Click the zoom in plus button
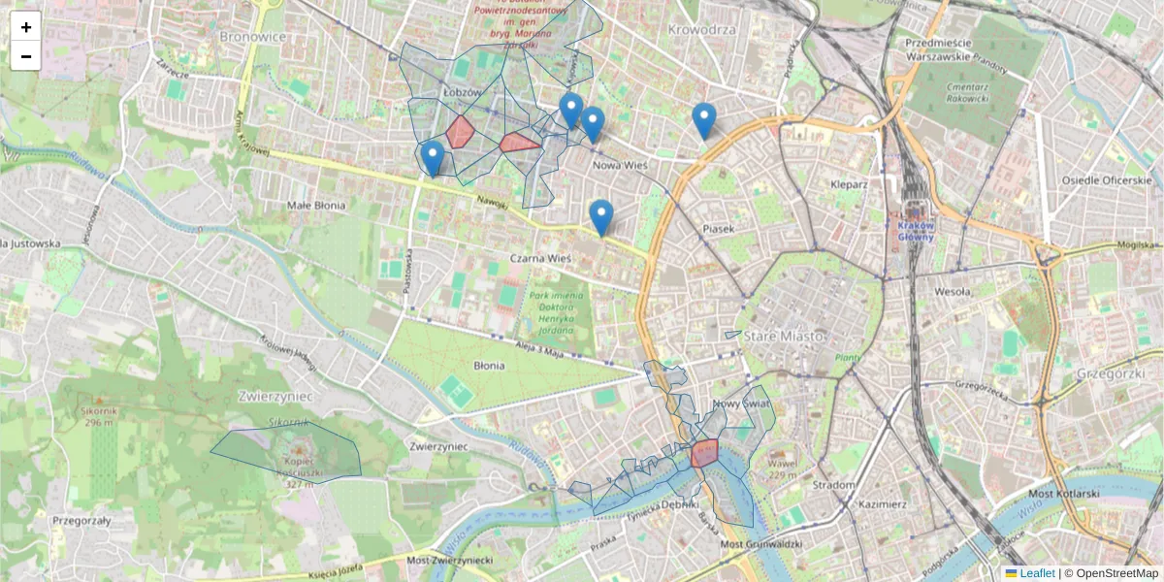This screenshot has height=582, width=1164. [26, 27]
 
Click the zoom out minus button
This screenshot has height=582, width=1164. [26, 56]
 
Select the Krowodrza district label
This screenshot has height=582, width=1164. [702, 29]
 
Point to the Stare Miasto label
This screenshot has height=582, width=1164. [785, 336]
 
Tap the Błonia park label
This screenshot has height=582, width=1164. [489, 366]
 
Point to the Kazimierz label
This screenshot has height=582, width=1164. [881, 504]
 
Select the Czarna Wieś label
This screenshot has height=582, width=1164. [539, 259]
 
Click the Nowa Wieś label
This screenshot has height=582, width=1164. [620, 166]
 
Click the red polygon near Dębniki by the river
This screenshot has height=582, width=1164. [705, 452]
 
